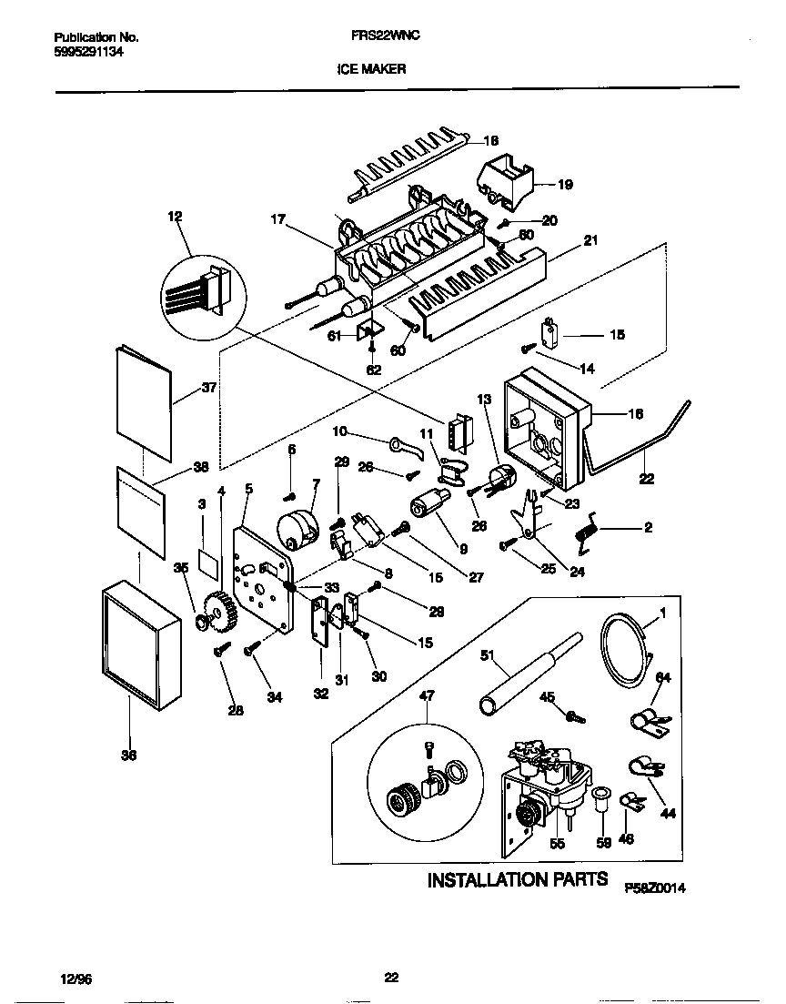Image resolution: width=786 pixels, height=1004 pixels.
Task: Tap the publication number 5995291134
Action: pyautogui.click(x=89, y=52)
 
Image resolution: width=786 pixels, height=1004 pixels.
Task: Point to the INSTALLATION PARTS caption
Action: pyautogui.click(x=518, y=879)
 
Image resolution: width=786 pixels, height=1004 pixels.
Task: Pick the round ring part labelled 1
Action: pyautogui.click(x=627, y=648)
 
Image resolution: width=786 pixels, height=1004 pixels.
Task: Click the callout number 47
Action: pyautogui.click(x=427, y=696)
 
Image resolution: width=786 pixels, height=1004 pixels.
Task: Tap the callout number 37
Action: pyautogui.click(x=210, y=387)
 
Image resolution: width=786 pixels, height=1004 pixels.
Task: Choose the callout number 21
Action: pyautogui.click(x=590, y=240)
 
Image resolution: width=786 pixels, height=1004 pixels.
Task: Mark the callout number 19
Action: pyautogui.click(x=565, y=185)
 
